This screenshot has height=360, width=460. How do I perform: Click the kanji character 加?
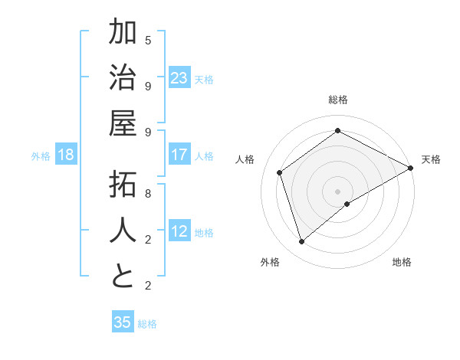pos(123,34)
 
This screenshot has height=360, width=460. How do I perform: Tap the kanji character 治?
pos(123,79)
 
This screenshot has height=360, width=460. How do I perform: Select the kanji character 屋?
pos(123,125)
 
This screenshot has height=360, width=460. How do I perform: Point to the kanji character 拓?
pos(123,186)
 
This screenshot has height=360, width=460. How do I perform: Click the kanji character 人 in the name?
pos(123,231)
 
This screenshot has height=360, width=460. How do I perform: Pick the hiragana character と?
pos(123,277)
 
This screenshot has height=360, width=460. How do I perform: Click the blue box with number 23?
pos(179,78)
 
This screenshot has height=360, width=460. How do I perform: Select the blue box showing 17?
pos(179,155)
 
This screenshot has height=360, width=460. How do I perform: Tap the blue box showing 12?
pos(179,231)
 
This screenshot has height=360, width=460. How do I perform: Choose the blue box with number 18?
pos(66,155)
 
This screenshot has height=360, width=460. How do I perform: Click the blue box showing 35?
pos(123,322)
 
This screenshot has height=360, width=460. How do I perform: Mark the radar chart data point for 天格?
pos(410,169)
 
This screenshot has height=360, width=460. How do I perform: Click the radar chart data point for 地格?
pos(347,204)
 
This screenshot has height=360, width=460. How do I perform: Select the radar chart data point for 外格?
pos(302,242)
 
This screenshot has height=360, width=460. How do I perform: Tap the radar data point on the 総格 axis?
pos(337,131)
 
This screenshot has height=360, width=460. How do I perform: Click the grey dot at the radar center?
pos(337,190)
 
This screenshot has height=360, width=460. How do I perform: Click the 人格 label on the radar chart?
pos(245,159)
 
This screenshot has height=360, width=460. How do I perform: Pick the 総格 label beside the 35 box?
pos(147,324)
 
